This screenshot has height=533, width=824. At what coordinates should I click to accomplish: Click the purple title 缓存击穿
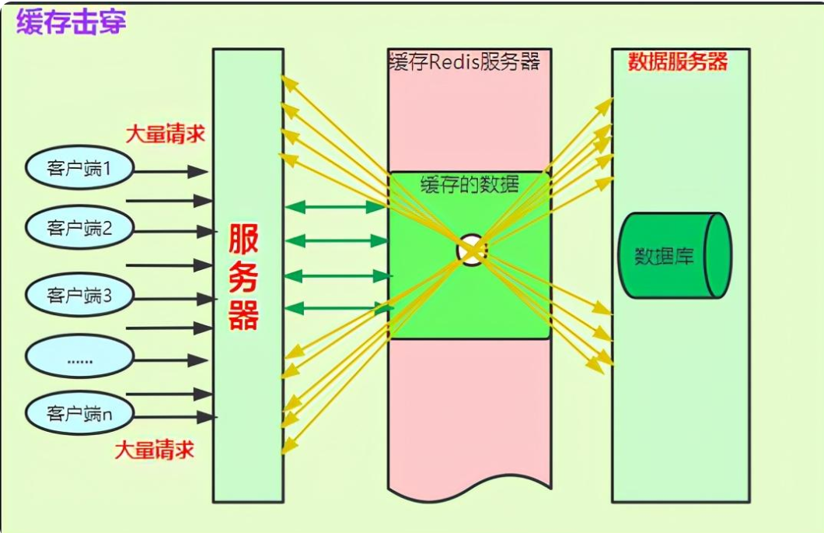[x=71, y=22]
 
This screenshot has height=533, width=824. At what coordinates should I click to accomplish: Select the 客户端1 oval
[x=79, y=168]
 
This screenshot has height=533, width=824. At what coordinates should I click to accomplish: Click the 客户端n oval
[x=79, y=413]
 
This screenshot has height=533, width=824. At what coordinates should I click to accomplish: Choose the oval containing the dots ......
[x=79, y=359]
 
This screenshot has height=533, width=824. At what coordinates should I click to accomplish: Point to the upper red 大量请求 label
[x=166, y=134]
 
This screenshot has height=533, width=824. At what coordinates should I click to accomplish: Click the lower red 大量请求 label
[x=155, y=450]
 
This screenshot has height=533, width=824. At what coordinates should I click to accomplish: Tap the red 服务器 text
[x=243, y=276]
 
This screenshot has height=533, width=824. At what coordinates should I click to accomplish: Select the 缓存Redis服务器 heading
[x=464, y=61]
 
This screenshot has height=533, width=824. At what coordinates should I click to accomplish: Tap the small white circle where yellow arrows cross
[x=470, y=250]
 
